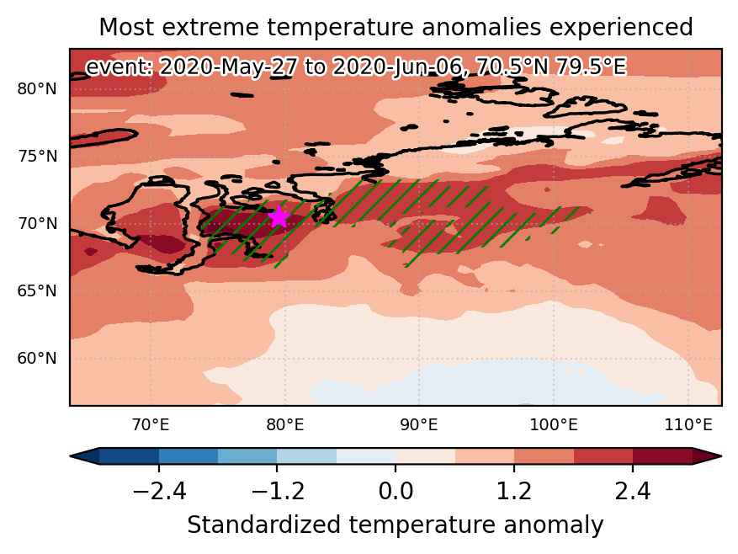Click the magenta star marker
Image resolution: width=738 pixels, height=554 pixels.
coord(279,217)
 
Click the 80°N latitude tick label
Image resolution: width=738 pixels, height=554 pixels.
coord(37,88)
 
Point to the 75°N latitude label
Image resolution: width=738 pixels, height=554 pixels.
coord(37,156)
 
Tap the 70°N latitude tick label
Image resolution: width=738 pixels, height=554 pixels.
coord(37,223)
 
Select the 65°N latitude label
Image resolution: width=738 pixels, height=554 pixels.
coord(37,290)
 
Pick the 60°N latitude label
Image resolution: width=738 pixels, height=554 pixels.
coord(37,358)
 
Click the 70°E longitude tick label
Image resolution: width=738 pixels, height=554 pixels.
coord(151,425)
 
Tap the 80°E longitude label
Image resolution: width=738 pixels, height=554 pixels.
coord(284,425)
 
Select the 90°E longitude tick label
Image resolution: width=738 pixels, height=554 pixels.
coord(419,425)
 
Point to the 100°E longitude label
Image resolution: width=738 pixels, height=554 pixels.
coord(554,425)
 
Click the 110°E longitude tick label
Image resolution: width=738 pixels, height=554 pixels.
coord(688,425)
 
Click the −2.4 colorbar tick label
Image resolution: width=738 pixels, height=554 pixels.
coord(159,492)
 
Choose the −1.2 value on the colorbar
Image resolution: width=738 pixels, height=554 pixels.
coord(277,492)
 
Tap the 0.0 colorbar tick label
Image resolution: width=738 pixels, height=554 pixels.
coord(396,492)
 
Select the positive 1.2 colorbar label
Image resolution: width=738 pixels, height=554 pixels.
coord(514,492)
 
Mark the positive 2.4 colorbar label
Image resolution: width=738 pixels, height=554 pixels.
coord(633,492)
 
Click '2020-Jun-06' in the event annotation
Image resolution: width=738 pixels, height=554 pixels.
coord(396,67)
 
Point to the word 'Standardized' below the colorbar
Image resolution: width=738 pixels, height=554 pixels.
coord(263,525)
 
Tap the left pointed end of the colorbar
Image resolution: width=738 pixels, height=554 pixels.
coord(71,456)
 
